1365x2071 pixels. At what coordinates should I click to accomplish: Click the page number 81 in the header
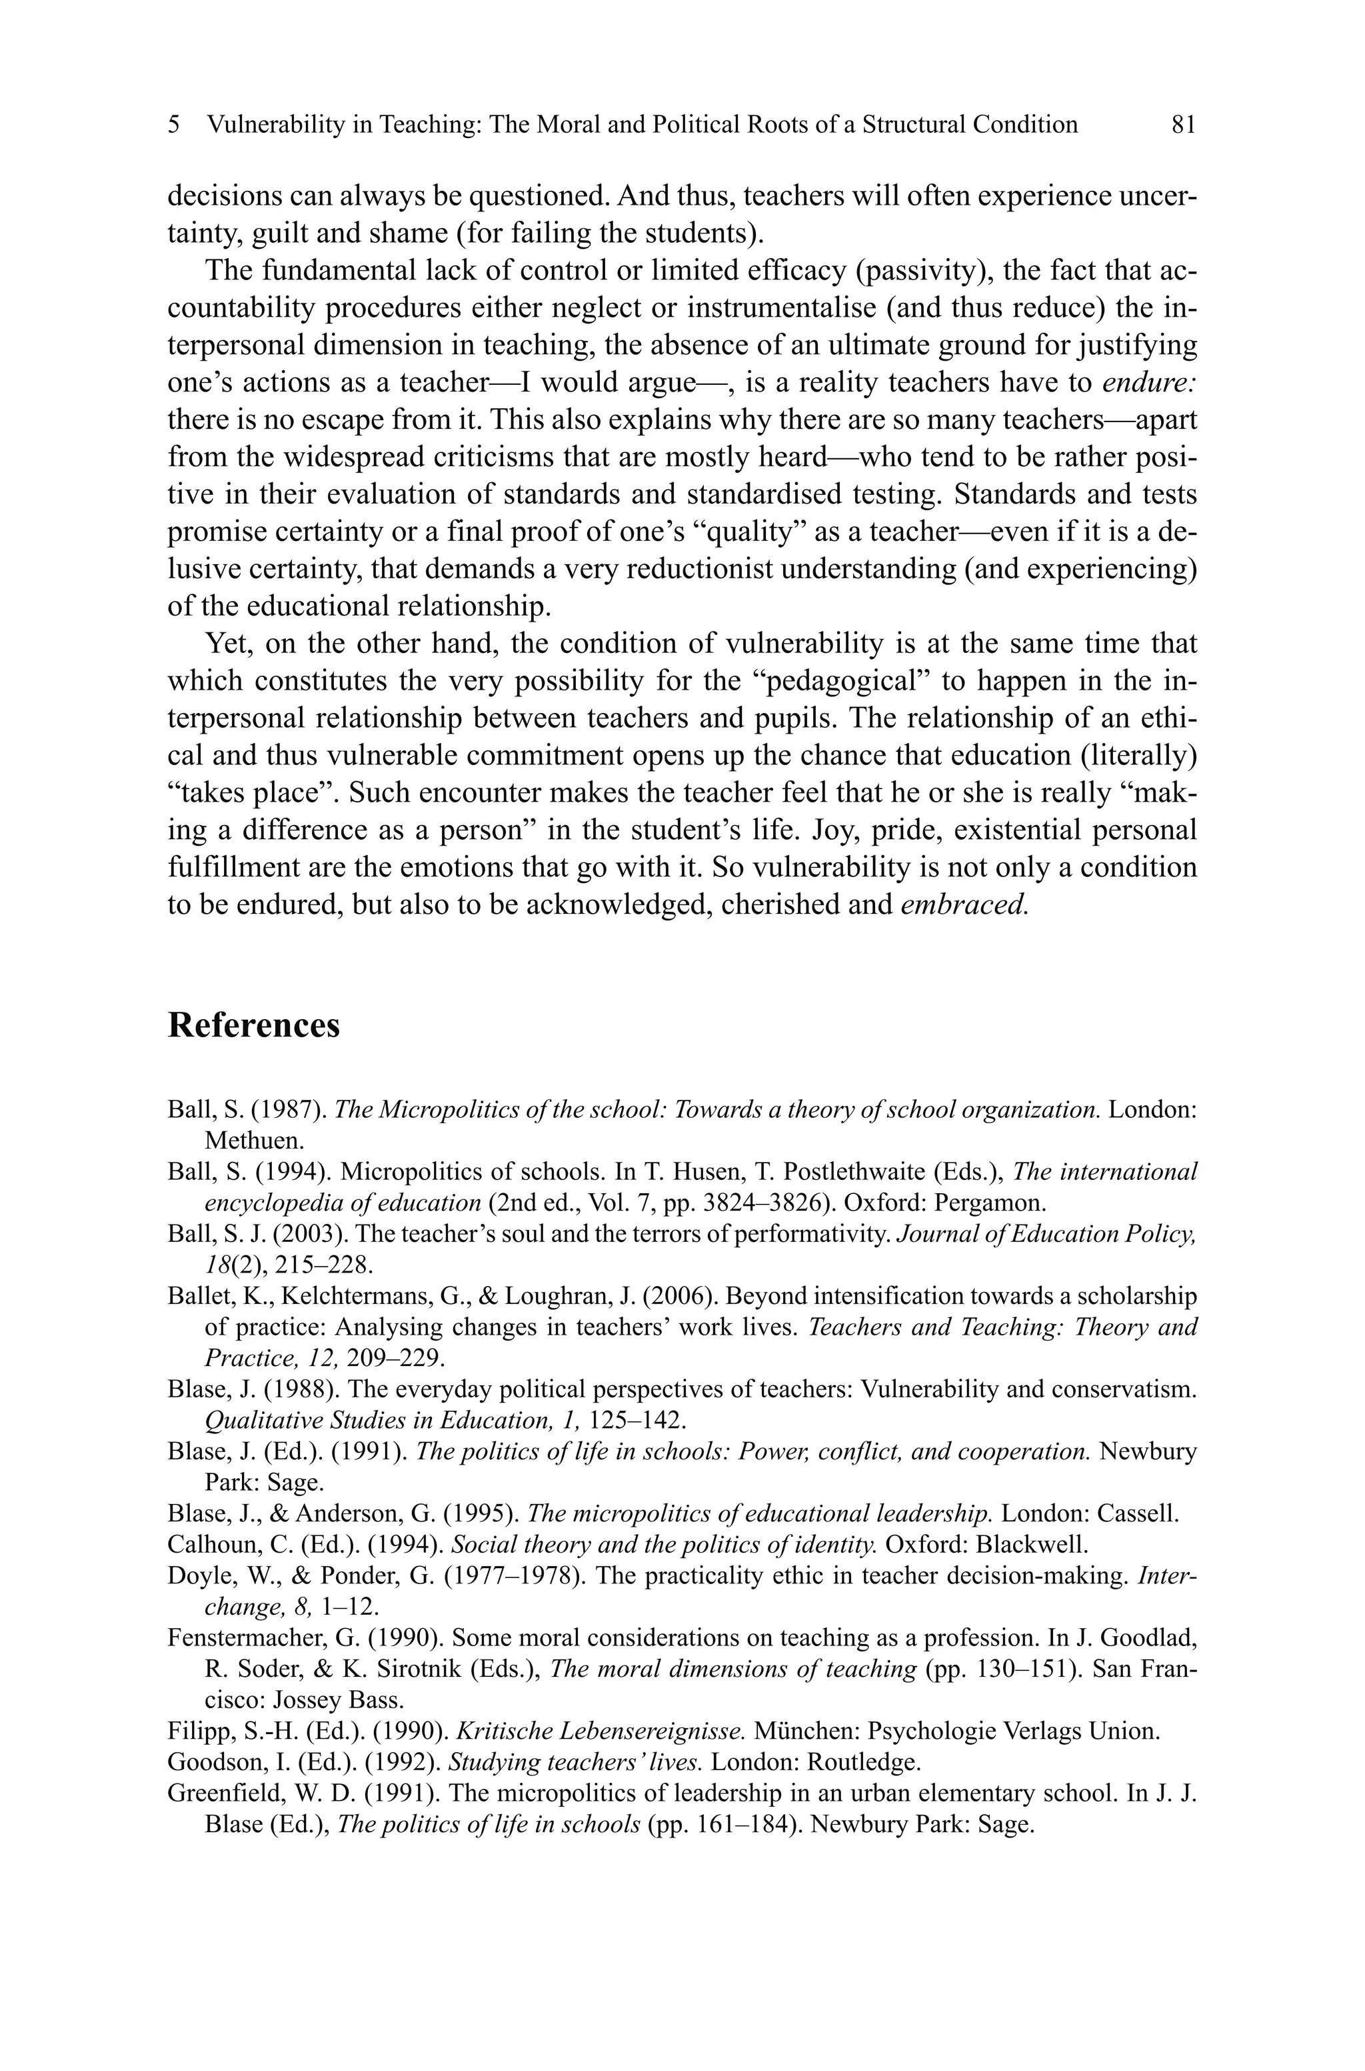(1183, 125)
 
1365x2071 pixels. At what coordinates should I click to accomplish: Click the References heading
(253, 1025)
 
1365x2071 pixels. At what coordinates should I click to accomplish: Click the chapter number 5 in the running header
(174, 125)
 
